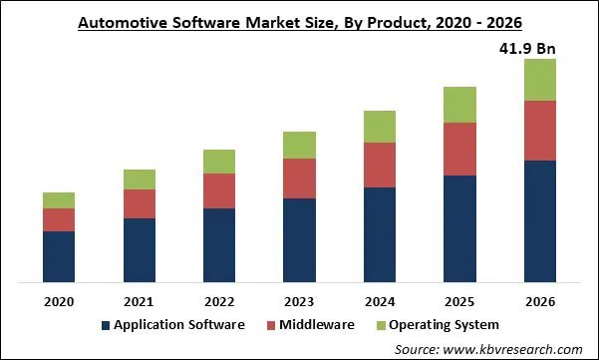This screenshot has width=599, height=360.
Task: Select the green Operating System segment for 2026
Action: [x=539, y=80]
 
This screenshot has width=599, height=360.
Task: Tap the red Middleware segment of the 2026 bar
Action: [x=539, y=130]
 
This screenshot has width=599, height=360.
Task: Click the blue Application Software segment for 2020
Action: [x=59, y=256]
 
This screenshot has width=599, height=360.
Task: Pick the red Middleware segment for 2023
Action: [x=299, y=179]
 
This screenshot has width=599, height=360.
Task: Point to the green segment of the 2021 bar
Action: [x=139, y=180]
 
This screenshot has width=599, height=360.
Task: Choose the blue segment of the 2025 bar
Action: [x=459, y=228]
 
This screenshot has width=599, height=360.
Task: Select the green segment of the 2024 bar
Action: [x=379, y=127]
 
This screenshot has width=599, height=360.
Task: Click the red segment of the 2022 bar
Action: [x=218, y=190]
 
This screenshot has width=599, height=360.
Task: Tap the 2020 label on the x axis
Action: [x=59, y=301]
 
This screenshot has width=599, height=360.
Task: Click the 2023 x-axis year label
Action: [x=299, y=301]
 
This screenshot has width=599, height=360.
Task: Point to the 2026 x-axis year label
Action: [x=539, y=301]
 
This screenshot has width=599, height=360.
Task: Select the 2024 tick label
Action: [x=379, y=301]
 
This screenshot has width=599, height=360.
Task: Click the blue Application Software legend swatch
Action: [x=105, y=325]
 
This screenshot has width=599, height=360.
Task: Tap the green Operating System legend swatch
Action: [x=380, y=325]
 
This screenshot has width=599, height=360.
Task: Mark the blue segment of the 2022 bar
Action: [x=218, y=244]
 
